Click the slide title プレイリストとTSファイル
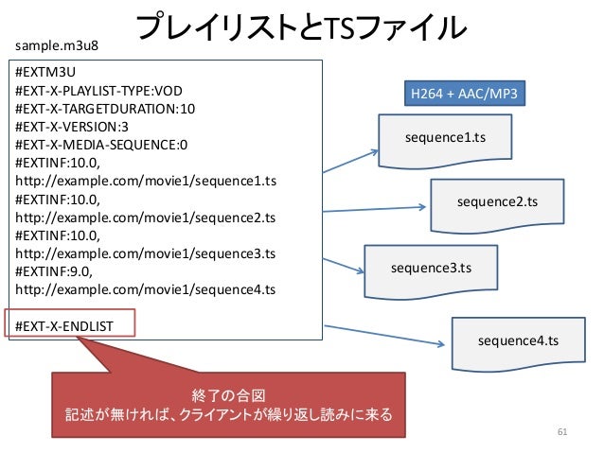click(301, 26)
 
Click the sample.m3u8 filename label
click(57, 45)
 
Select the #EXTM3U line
click(45, 72)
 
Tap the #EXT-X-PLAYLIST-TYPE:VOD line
click(98, 91)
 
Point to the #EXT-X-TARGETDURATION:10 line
click(105, 109)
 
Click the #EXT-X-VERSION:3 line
click(72, 127)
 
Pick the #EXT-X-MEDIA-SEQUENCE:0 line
click(101, 145)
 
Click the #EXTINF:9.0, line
click(54, 271)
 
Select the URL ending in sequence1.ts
click(146, 181)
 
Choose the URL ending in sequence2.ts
click(145, 218)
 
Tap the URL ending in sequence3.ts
click(145, 253)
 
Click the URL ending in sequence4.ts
click(145, 289)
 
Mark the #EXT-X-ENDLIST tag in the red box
click(64, 326)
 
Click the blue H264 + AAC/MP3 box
click(465, 93)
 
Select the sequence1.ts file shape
click(445, 141)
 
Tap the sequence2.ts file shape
click(497, 205)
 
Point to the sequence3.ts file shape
click(431, 271)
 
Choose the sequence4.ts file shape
click(519, 344)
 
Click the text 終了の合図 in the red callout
click(228, 395)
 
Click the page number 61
click(562, 432)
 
